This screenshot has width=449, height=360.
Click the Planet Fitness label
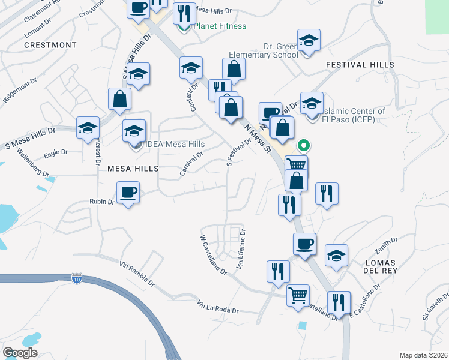(220, 26)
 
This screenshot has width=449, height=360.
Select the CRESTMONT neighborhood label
(50, 45)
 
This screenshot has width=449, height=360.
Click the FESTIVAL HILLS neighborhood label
(360, 65)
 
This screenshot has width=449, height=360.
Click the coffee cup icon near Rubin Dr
(128, 193)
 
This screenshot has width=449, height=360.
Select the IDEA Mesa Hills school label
(173, 145)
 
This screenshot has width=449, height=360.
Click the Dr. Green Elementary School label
(281, 50)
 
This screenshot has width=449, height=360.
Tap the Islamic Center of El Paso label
(354, 115)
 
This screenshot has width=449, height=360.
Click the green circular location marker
(304, 145)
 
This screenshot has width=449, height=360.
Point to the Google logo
(20, 353)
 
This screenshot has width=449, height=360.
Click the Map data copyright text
(423, 355)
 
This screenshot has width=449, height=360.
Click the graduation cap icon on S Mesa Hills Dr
(88, 127)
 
